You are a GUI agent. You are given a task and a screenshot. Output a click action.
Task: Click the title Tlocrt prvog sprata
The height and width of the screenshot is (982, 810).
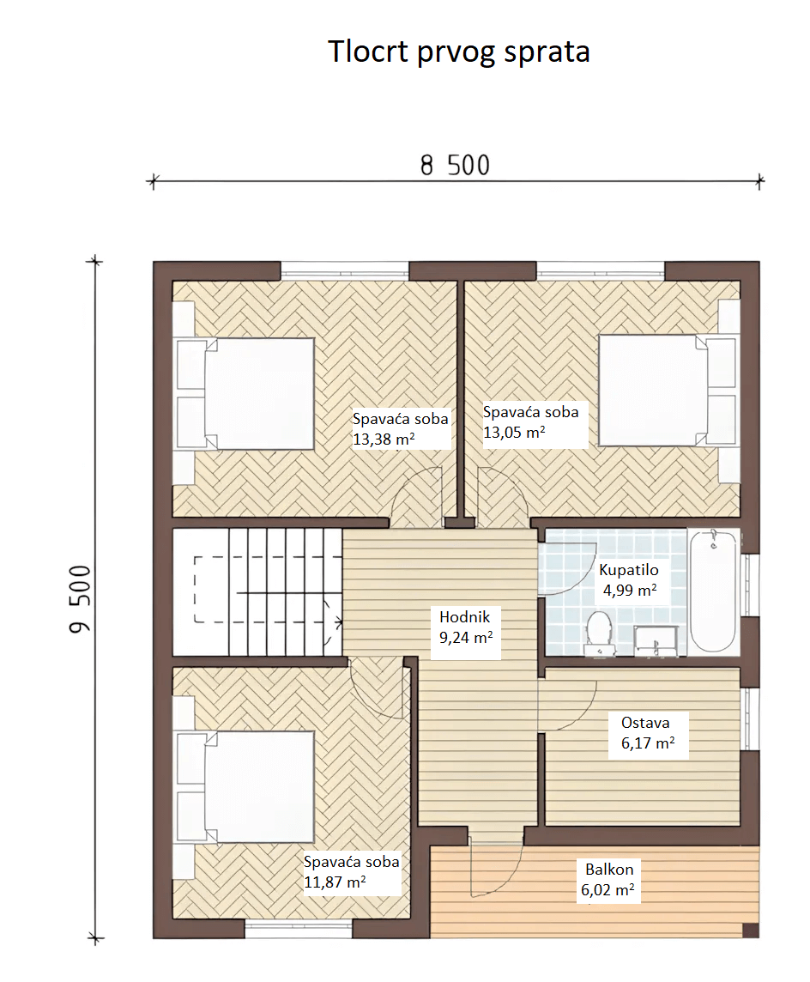coord(459,52)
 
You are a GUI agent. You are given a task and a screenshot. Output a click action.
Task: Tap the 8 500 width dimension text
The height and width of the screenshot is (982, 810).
coord(455,166)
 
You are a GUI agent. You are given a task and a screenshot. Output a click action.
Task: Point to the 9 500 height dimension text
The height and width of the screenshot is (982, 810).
coord(80,599)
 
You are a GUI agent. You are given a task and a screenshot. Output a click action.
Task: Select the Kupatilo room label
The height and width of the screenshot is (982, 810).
coord(629,580)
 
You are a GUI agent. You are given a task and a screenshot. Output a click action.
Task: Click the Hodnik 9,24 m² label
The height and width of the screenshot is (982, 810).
coord(465,627)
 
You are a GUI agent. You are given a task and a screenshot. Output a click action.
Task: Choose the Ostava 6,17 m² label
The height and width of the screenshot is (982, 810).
coord(648,733)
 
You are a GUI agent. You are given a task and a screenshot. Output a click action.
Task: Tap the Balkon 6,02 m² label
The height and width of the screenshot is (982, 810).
coord(607,879)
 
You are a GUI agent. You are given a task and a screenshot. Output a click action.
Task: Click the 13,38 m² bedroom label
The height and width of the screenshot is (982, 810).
coord(401,429)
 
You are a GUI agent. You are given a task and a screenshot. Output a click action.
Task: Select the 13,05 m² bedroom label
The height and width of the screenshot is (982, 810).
coord(531,422)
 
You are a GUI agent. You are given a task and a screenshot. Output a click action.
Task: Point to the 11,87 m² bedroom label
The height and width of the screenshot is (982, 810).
coord(351,872)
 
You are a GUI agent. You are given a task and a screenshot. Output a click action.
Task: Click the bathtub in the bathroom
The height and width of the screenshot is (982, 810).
coord(713,591)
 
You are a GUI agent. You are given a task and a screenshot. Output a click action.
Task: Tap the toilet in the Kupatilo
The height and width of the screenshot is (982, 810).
coord(598,633)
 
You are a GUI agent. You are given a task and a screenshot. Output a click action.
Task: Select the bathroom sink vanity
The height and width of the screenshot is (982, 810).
coord(656,640)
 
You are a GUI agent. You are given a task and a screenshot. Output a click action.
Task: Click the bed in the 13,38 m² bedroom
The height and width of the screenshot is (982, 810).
coord(245,394)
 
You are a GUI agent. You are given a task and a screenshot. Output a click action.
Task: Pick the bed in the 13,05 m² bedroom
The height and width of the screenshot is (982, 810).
coord(668,391)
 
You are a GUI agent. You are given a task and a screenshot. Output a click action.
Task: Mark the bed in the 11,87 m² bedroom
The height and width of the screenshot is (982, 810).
coord(245,787)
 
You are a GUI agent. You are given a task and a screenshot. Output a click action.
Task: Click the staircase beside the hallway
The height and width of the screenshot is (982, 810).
coord(257,591)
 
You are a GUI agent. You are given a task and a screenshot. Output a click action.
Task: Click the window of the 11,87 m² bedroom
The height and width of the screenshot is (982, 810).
coord(298,929)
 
